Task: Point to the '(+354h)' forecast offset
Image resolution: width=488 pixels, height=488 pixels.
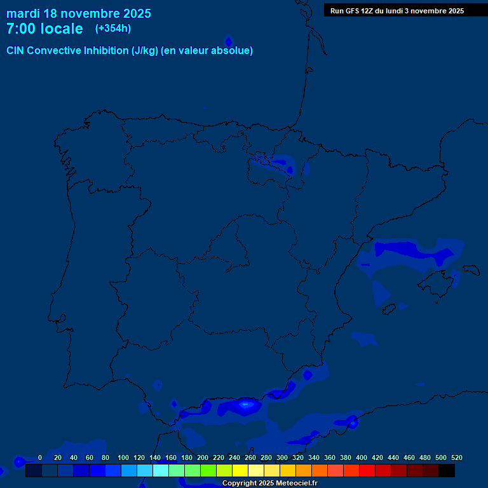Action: point(113,29)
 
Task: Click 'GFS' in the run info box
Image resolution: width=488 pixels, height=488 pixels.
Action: point(354,11)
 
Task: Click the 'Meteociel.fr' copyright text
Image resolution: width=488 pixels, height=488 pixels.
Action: point(293,483)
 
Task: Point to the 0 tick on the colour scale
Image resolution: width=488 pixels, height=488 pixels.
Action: point(40,457)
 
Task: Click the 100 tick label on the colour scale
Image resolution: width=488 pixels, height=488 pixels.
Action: point(123,457)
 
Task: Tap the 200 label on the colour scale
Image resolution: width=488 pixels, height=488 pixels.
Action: point(203,457)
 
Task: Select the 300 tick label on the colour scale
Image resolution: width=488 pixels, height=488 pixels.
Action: point(282,457)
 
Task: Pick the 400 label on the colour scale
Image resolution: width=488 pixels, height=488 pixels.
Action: point(362,457)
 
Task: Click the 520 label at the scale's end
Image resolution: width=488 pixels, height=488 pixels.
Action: point(456,457)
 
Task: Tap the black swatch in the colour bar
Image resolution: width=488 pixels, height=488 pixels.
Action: point(447,471)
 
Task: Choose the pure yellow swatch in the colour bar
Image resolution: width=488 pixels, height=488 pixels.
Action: point(240,471)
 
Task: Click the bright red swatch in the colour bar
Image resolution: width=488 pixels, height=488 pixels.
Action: point(367,471)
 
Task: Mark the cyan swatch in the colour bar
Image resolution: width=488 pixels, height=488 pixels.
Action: point(161,471)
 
